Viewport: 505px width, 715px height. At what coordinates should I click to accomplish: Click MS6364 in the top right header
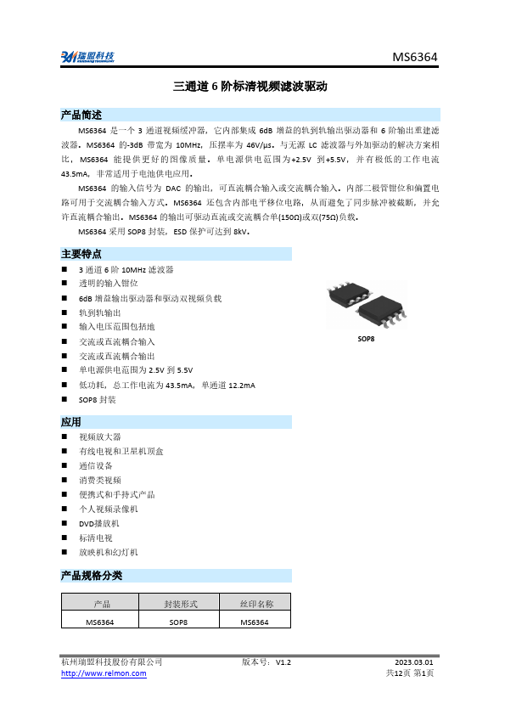[x=415, y=57]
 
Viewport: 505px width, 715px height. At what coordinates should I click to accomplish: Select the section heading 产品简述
[x=81, y=115]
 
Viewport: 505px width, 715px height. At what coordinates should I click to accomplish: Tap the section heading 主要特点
[x=81, y=253]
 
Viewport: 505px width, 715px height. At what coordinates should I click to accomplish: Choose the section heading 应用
[x=71, y=421]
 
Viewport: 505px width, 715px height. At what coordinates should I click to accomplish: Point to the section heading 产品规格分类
[x=92, y=575]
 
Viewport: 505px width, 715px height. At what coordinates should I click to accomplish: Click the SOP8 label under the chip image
[x=366, y=339]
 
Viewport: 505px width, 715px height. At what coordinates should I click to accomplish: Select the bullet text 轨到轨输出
[x=99, y=312]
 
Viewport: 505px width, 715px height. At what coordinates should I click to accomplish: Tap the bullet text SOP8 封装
[x=98, y=399]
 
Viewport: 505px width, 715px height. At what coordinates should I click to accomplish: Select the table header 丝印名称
[x=255, y=604]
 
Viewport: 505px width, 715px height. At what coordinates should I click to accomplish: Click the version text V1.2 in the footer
[x=283, y=661]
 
